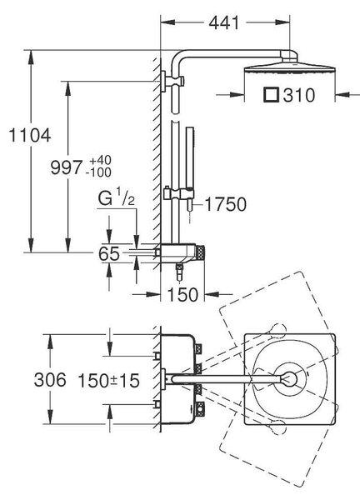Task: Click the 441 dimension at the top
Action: coord(224,22)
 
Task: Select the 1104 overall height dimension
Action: coord(29,135)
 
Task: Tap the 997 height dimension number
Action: coord(67,167)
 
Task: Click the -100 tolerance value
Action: coord(98,172)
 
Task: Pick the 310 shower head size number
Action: coord(299,95)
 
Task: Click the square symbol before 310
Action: coord(272,95)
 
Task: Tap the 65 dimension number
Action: coord(109,254)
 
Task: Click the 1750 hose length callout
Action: coord(226,204)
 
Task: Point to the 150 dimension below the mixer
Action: coord(182,294)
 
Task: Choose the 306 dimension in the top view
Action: coord(50,380)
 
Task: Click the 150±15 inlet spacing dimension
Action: coord(109,380)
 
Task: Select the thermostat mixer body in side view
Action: coord(179,253)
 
